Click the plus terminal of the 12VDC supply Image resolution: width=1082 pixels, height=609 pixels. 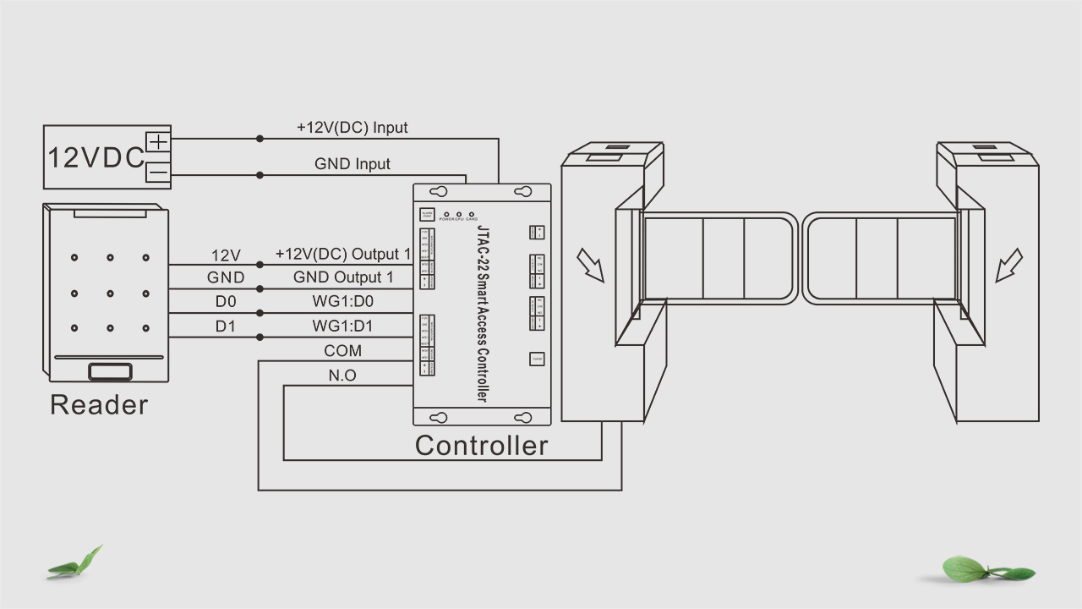tap(158, 140)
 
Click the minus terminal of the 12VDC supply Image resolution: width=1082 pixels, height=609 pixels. tap(158, 173)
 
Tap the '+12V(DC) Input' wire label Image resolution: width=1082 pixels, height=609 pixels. tap(352, 128)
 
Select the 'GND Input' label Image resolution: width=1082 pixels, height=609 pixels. tap(352, 164)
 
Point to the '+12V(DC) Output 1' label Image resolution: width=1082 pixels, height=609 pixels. tap(342, 255)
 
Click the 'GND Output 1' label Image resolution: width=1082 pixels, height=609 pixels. tap(343, 277)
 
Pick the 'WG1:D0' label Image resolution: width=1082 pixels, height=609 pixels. tap(342, 302)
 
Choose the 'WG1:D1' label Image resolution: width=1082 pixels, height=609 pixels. tap(342, 326)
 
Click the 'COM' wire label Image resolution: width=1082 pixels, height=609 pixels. tap(342, 351)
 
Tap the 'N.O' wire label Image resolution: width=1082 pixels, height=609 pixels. tap(342, 376)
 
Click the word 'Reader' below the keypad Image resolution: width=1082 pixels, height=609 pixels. tap(99, 404)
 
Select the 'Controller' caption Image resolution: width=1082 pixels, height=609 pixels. tap(481, 445)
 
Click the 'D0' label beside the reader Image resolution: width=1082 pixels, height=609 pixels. tap(226, 302)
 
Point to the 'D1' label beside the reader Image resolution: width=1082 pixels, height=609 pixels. tap(226, 326)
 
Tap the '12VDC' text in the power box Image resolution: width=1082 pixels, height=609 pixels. tap(96, 158)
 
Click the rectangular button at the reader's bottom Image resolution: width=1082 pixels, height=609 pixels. tap(110, 370)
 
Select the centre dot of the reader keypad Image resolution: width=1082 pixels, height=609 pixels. tap(110, 294)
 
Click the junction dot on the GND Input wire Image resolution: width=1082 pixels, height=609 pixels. tap(260, 176)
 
